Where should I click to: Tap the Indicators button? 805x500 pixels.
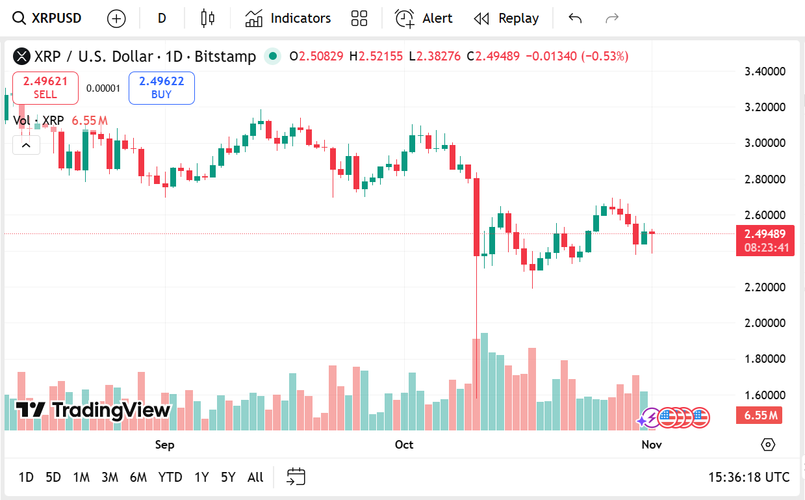pos(288,18)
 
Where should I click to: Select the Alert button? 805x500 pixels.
pos(424,18)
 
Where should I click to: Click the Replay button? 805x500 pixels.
pos(506,18)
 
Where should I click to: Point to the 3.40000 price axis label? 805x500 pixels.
pos(765,71)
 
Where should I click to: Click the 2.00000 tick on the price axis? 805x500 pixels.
pos(765,323)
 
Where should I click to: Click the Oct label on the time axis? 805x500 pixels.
pos(404,445)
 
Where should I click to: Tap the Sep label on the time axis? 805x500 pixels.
pos(164,445)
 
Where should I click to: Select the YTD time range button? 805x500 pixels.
pos(170,477)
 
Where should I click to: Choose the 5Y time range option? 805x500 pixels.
pos(227,477)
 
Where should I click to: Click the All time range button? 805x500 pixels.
pos(255,477)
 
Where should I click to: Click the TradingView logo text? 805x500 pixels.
pos(94,410)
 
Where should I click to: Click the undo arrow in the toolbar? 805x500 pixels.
pos(575,18)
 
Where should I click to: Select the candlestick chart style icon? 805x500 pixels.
pos(208,18)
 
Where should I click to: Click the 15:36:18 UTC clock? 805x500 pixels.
pos(748,477)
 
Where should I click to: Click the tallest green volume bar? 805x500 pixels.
pos(484,384)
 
